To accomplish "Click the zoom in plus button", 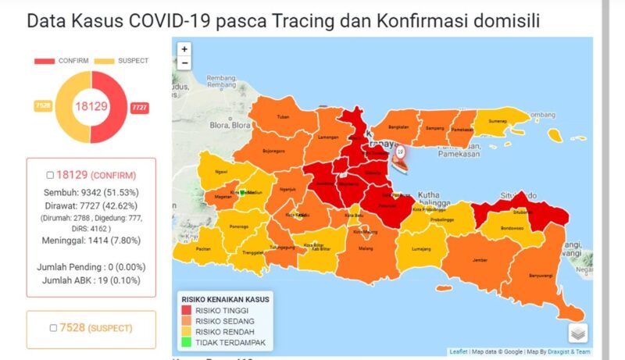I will click(x=184, y=49).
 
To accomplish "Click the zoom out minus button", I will click(x=184, y=62).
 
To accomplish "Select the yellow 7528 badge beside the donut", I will click(x=42, y=105).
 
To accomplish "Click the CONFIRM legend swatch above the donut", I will click(x=44, y=61).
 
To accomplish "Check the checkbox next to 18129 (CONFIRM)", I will click(x=50, y=175).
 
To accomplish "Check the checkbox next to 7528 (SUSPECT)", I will click(x=52, y=328).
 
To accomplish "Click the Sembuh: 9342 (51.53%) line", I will click(x=91, y=191).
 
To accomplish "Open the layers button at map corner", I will click(x=577, y=333).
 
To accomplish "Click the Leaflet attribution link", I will click(x=459, y=351).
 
